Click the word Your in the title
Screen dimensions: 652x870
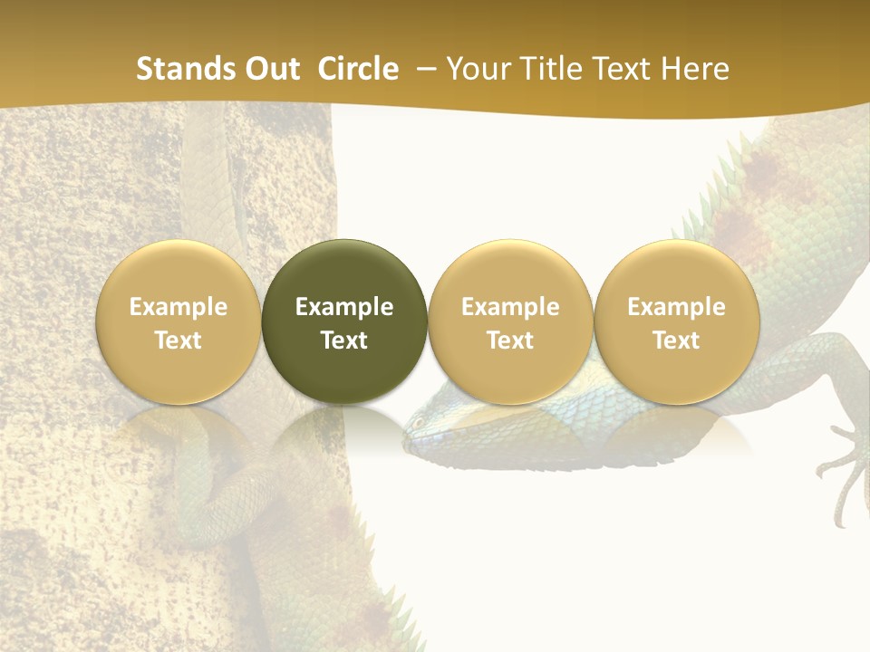pos(477,69)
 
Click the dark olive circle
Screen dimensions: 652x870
pos(344,321)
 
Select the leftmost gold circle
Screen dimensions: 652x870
pos(179,321)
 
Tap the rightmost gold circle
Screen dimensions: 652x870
pos(676,321)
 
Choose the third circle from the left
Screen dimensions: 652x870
pos(510,321)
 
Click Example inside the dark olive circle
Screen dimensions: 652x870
pos(344,307)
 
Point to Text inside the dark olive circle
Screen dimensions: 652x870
pos(344,340)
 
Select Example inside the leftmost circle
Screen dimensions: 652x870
pos(179,307)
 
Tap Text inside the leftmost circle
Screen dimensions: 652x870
pos(179,340)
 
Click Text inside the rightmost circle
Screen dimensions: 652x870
pos(676,340)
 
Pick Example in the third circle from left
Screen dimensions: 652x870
pos(510,307)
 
